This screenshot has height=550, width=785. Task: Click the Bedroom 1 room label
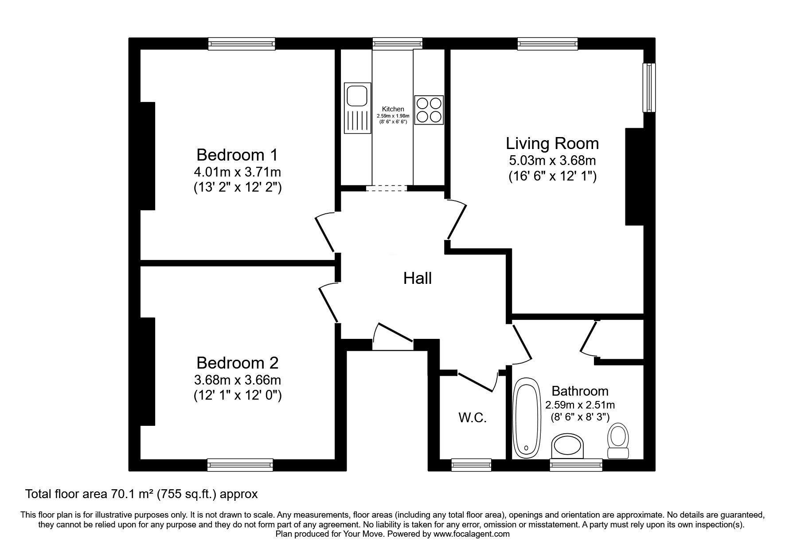pos(237,155)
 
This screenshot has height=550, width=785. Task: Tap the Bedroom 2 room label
pos(237,363)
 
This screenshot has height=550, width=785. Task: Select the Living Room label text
pos(552,143)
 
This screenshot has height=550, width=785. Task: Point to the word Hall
pos(418,279)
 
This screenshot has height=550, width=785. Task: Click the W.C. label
pos(472,417)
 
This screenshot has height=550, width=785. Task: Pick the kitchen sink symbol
pos(357,109)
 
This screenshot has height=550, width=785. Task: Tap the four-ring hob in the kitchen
pos(429,110)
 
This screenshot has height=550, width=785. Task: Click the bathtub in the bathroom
pos(527,417)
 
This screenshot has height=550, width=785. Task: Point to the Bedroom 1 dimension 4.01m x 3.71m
pos(237,172)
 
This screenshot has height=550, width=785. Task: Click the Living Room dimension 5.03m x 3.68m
pos(552,160)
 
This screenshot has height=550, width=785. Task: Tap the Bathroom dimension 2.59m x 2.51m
pos(580,405)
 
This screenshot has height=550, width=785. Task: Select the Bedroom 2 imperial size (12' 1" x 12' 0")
pos(238,395)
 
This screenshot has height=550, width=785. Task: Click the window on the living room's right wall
pos(650,87)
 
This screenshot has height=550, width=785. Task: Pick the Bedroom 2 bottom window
pos(240,465)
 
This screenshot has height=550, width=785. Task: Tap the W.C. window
pos(471,465)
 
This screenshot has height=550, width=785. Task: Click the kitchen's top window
pos(397,43)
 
